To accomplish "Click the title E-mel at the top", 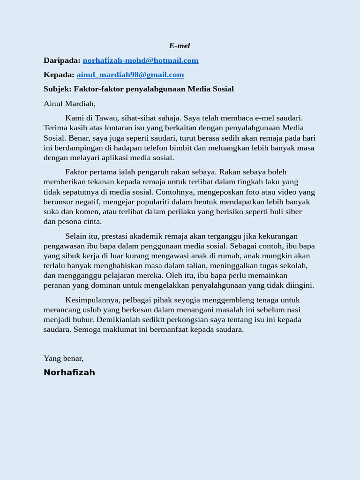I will click(x=180, y=45).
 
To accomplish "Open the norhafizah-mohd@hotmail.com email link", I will click(x=141, y=60).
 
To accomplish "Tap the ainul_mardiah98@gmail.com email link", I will click(x=130, y=75).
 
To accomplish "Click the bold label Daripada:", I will click(x=62, y=60).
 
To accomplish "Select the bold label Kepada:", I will click(x=59, y=75).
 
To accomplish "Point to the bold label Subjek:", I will click(x=58, y=89).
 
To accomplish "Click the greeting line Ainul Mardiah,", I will click(x=69, y=103).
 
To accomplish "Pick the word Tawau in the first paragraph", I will click(x=107, y=118).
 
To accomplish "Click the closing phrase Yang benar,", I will click(x=64, y=358).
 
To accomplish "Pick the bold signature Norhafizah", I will click(x=69, y=372).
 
